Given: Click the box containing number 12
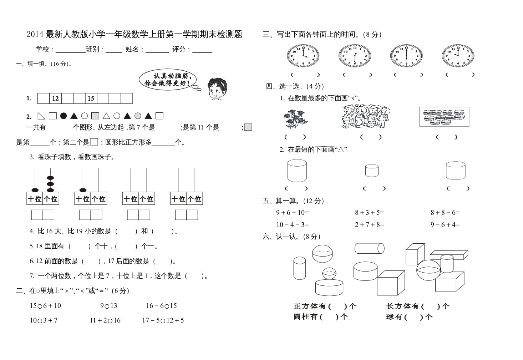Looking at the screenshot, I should (55, 98).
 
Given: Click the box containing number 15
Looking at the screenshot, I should (91, 98).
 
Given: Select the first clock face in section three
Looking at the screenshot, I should (303, 56).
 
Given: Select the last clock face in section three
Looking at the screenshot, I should (458, 56).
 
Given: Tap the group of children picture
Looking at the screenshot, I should (365, 117).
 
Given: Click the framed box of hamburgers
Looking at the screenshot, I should (444, 117).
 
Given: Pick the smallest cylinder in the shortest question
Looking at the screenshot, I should (372, 170).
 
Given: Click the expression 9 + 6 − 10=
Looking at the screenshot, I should (292, 213).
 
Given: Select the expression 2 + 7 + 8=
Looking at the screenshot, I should (369, 225).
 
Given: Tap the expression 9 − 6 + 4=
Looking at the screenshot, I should (445, 225).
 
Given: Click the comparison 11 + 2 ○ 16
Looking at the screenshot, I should (105, 320).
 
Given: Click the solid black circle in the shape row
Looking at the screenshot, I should (64, 116).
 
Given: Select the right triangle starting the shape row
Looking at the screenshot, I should (41, 116).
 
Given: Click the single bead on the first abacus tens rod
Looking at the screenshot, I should (35, 190).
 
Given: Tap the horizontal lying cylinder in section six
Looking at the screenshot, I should (369, 248).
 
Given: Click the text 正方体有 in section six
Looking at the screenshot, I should (309, 306).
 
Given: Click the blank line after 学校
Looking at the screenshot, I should (70, 50).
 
